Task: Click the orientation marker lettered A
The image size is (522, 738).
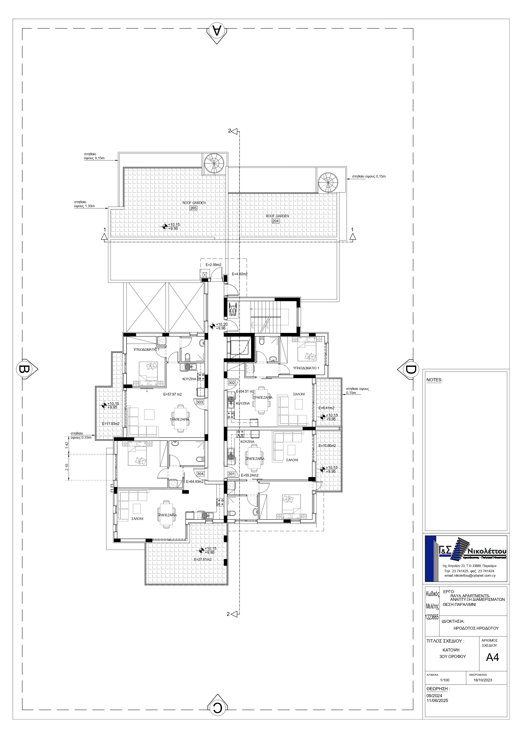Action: (218, 32)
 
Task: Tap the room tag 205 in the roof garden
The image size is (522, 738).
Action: (193, 208)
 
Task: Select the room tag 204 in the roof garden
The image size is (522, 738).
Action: (276, 221)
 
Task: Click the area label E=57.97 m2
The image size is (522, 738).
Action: (173, 394)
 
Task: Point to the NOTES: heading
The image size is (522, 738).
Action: (434, 380)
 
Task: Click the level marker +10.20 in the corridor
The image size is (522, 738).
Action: (221, 324)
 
